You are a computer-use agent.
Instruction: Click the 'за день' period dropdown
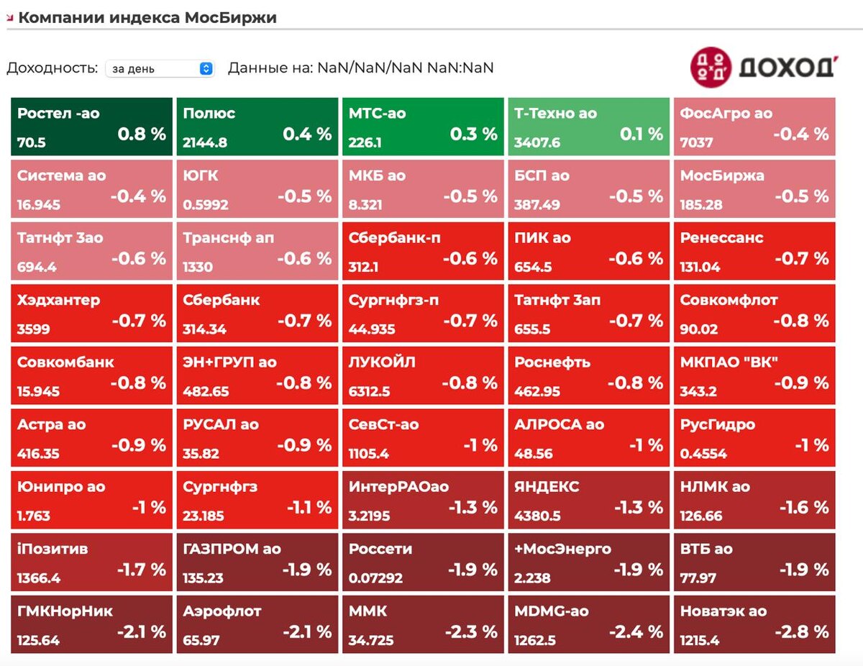(x=160, y=68)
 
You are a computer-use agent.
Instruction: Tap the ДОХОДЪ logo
(x=762, y=67)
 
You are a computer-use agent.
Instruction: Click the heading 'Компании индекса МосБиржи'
(x=147, y=18)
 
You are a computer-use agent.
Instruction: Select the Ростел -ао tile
(x=92, y=127)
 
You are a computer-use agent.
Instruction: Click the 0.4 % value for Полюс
(x=307, y=134)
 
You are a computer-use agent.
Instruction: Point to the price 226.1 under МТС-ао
(x=365, y=142)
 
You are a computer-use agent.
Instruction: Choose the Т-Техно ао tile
(x=589, y=127)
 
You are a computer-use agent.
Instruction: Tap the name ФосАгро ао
(x=726, y=113)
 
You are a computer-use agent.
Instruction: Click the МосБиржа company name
(x=722, y=175)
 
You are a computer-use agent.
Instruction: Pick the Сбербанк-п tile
(x=423, y=251)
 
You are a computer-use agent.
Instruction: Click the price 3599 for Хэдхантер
(x=32, y=329)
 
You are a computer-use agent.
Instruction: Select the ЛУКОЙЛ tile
(x=423, y=375)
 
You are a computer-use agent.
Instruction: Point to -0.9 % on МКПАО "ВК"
(x=801, y=383)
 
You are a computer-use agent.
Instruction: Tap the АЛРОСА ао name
(x=560, y=424)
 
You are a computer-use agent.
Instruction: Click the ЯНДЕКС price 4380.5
(x=537, y=516)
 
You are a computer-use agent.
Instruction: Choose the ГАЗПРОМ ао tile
(x=257, y=562)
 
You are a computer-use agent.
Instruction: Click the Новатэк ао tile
(x=754, y=624)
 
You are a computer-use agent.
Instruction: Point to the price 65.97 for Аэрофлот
(x=201, y=640)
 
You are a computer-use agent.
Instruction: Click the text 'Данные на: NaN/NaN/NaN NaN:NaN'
(x=361, y=68)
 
